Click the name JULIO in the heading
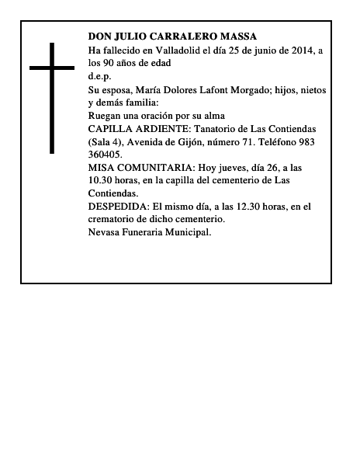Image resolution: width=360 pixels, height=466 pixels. pos(130,37)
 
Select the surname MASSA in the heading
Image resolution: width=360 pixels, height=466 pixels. pos(238,37)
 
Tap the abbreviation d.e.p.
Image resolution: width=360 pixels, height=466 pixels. pos(100,76)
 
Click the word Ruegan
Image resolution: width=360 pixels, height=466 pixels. pos(106,116)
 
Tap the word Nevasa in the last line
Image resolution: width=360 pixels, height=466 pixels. pos(106,232)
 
